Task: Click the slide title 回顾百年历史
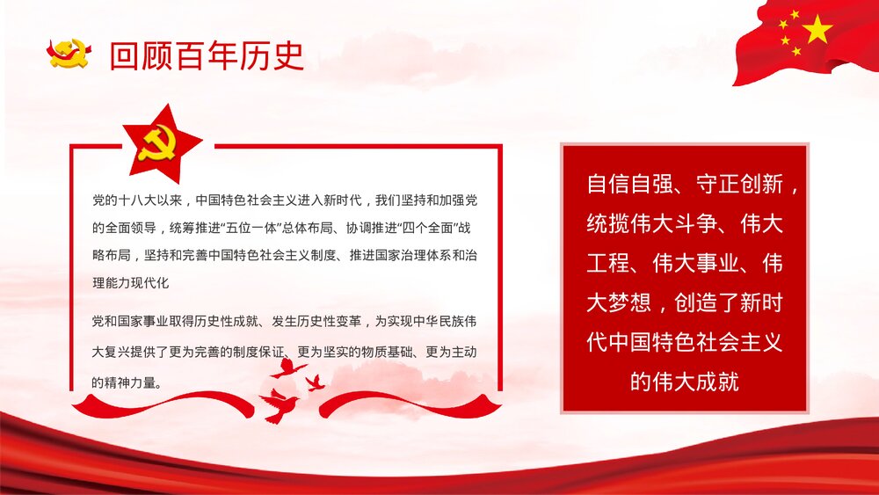coord(207,55)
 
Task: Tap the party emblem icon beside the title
coord(69,54)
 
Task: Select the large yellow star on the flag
coord(817,30)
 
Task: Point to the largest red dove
coord(280,405)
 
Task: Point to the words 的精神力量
coord(123,382)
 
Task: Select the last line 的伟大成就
coord(685,382)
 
